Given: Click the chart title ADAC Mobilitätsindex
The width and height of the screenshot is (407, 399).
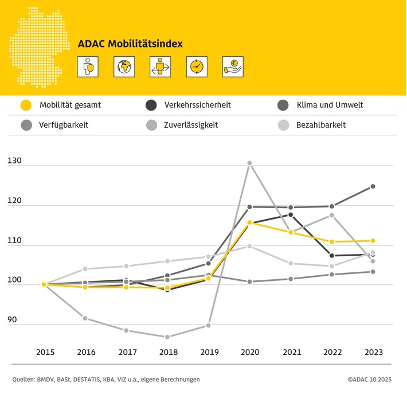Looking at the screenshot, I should pos(131,43).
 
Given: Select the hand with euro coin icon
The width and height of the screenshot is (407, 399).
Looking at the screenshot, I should pos(233,66).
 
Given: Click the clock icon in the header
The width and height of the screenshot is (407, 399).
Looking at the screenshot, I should pos(196,66).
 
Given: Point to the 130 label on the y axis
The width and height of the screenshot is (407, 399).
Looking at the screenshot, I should pos(15,162).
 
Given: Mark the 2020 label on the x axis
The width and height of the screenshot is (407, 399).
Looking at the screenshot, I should pos(249,352).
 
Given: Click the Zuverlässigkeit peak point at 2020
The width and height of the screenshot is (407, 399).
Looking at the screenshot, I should pos(249,163).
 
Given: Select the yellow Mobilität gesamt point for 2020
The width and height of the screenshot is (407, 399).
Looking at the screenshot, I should pos(249,222).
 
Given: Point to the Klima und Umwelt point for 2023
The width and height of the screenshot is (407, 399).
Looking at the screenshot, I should pos(373,186).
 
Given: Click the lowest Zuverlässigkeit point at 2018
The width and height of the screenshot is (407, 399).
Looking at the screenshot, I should pos(167,337).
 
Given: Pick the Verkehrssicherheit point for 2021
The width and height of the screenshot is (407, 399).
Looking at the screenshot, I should pos(291,214).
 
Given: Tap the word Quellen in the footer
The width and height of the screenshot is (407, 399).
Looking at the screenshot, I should pos(25,379).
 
